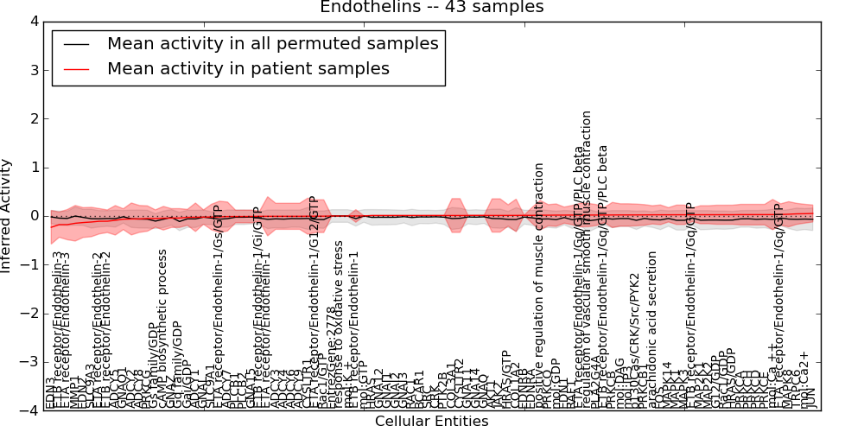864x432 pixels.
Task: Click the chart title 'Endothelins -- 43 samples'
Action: click(x=431, y=8)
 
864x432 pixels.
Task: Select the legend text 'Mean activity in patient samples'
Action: click(x=248, y=68)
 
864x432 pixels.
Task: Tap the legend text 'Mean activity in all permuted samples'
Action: click(x=272, y=43)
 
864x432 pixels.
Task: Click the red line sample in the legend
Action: click(x=76, y=69)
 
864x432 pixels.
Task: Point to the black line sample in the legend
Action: click(x=76, y=44)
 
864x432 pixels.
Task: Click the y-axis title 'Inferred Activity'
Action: click(x=8, y=215)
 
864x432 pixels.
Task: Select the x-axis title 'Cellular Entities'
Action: click(x=431, y=422)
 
